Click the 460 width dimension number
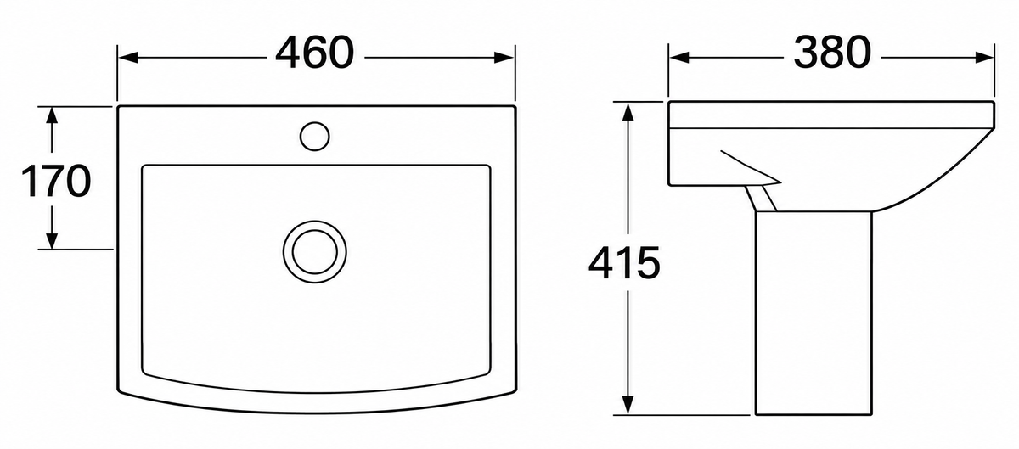314,53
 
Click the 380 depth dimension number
832,53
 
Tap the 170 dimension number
56,181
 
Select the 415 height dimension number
623,262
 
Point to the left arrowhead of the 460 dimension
128,58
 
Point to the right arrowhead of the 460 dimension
504,58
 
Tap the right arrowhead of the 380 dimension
984,58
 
